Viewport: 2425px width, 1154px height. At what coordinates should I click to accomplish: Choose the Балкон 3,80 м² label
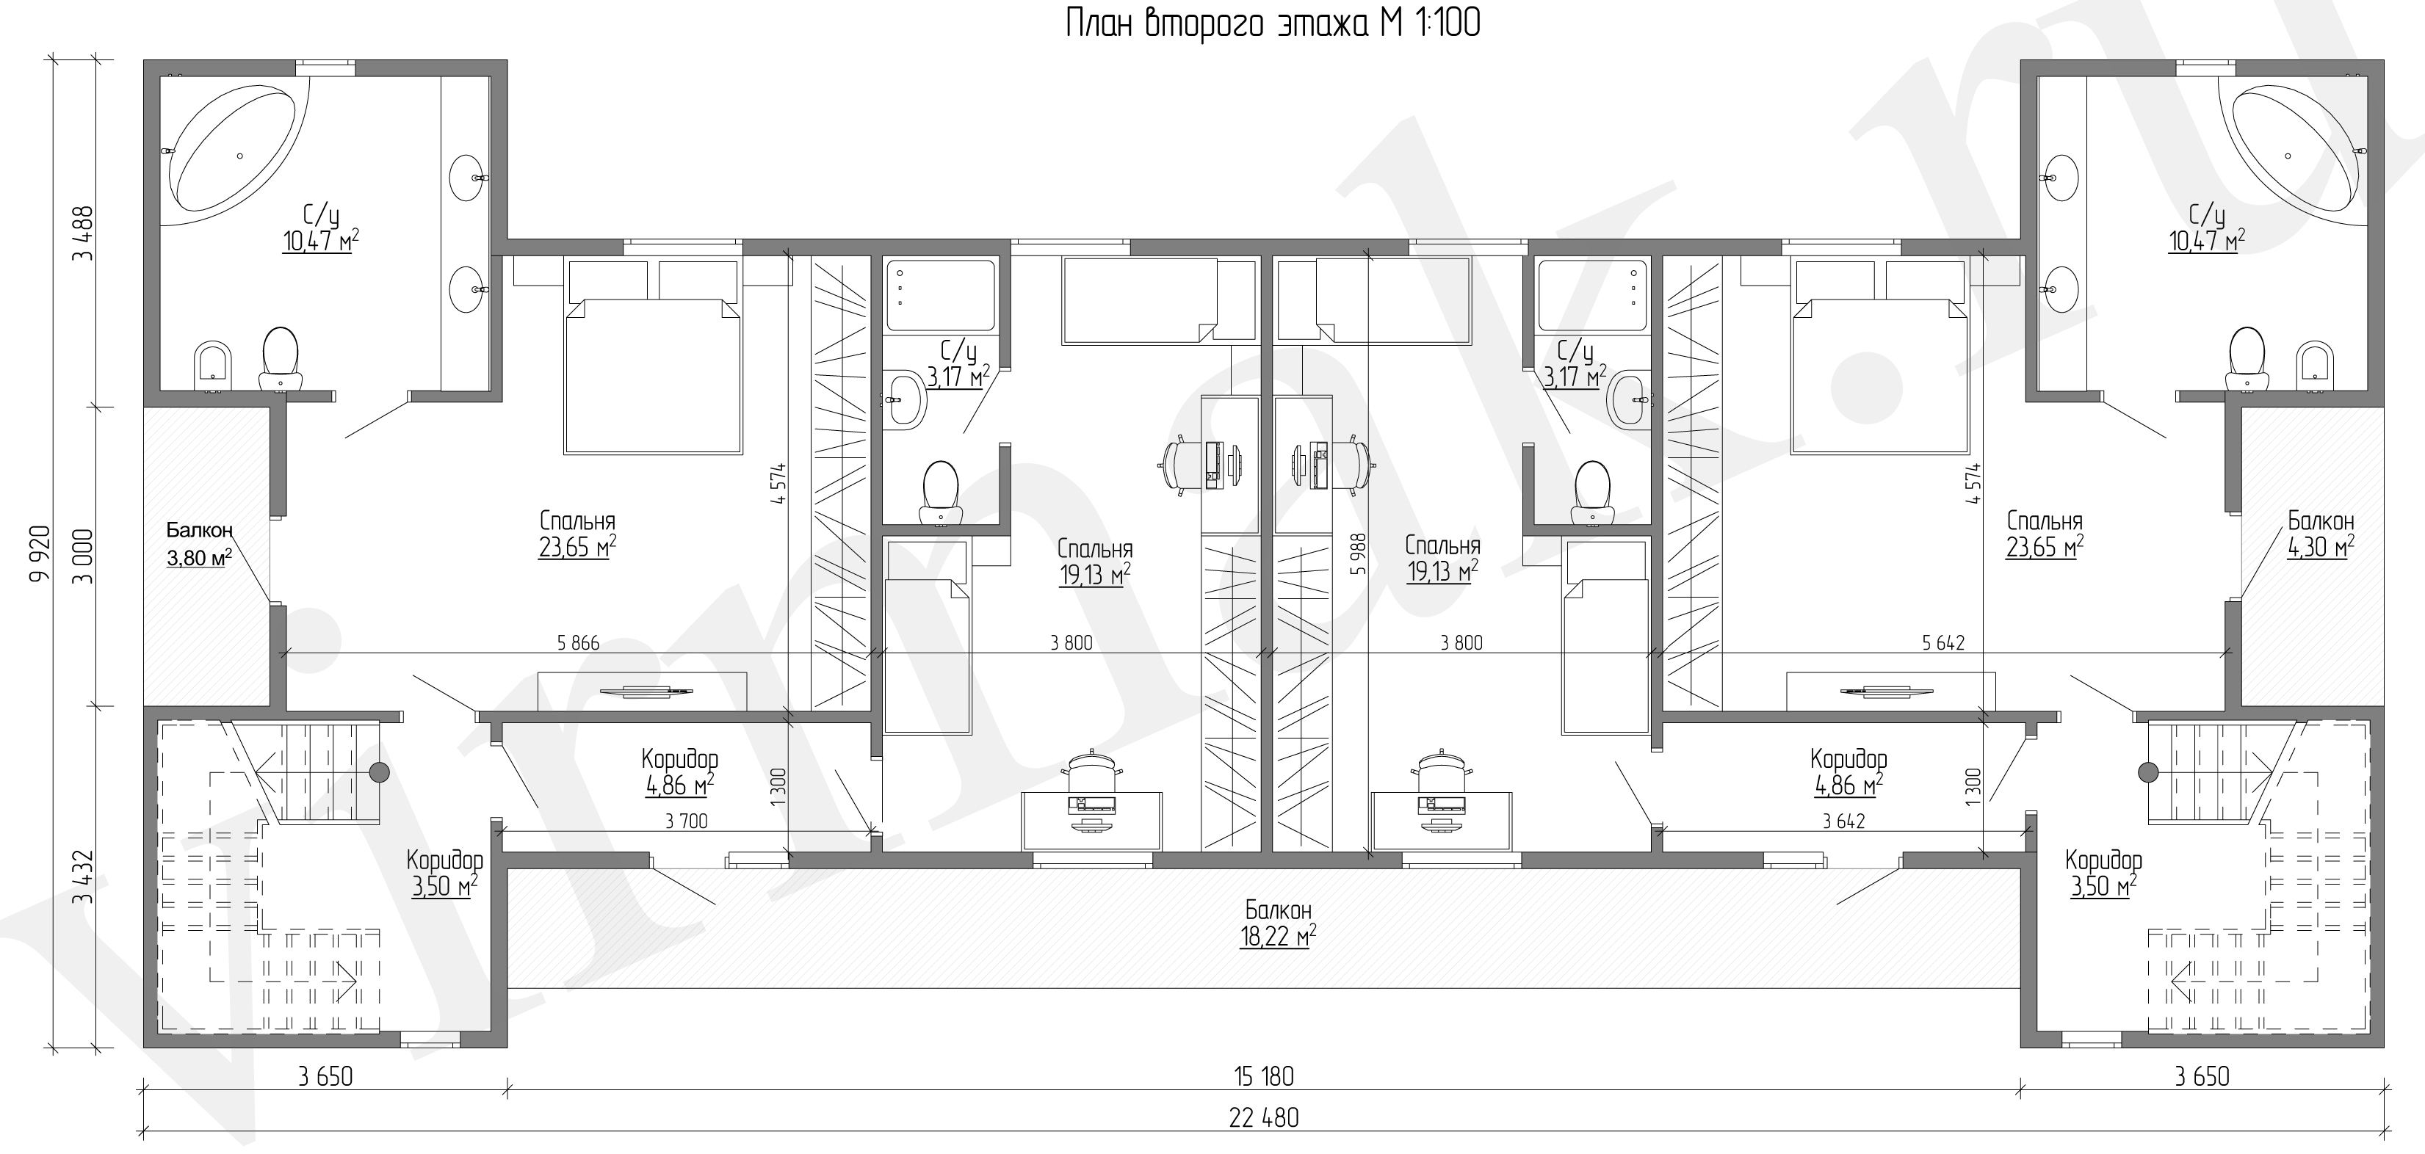[x=198, y=544]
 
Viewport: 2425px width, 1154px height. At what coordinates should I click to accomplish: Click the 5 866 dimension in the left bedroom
[x=578, y=644]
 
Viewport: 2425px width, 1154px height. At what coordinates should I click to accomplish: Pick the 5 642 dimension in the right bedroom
[x=1943, y=644]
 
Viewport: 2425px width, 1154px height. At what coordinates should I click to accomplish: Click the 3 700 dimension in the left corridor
[x=686, y=821]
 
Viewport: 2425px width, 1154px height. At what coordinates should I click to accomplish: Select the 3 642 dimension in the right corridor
[x=1843, y=821]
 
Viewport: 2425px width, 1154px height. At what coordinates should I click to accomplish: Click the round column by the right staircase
[x=2147, y=773]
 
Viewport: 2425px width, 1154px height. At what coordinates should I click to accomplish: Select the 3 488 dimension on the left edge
[x=84, y=233]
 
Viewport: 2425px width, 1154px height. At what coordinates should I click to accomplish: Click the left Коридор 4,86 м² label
[x=679, y=772]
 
